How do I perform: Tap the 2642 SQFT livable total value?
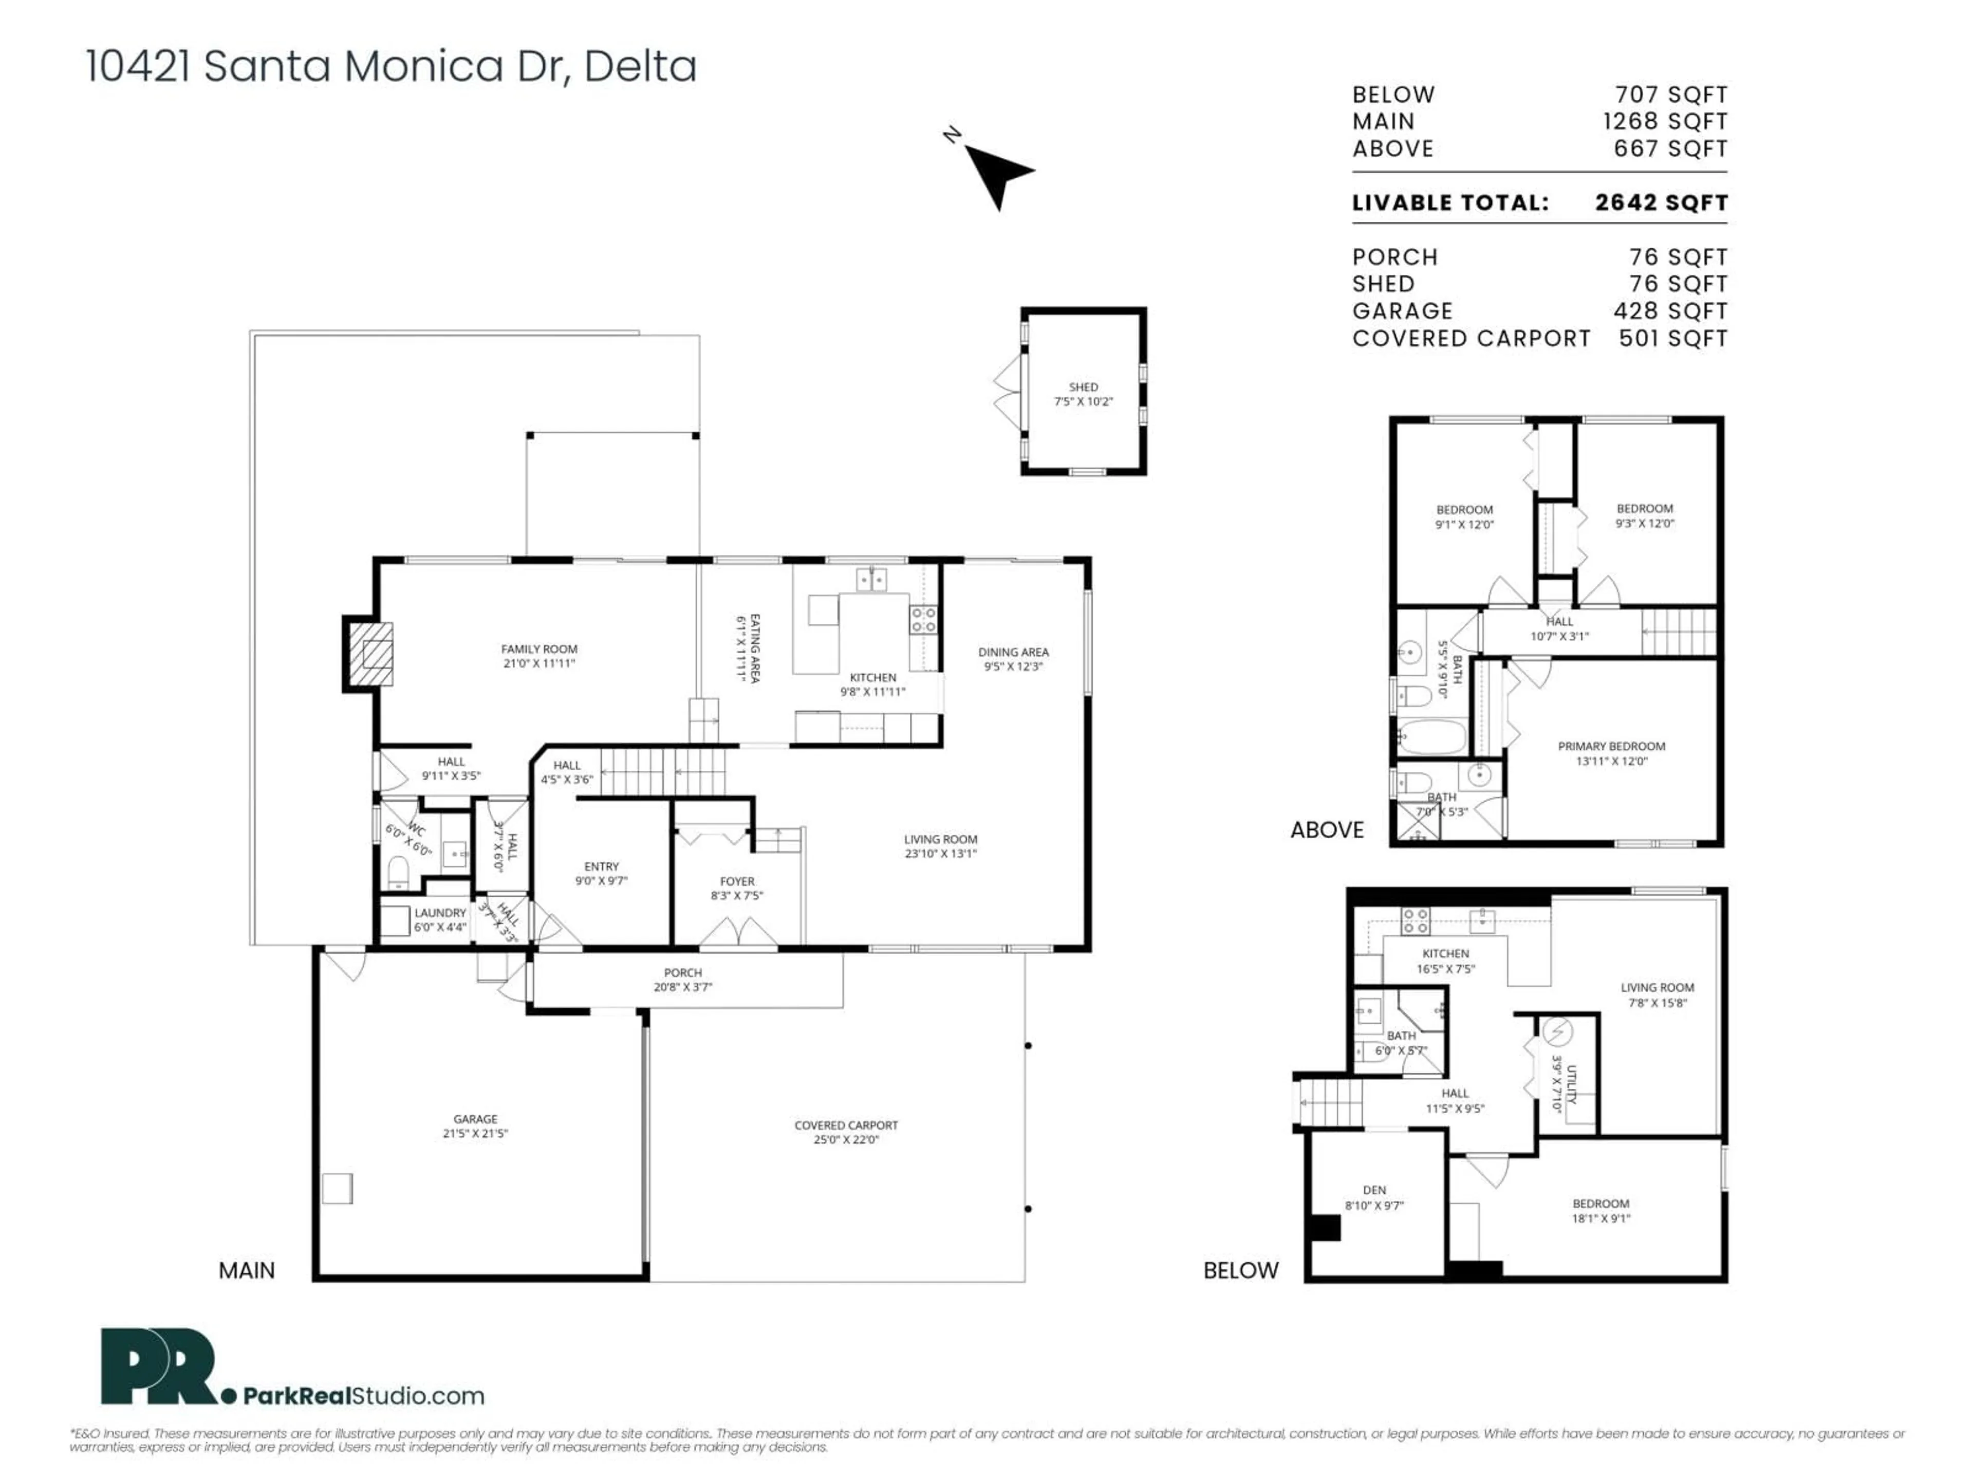(1661, 202)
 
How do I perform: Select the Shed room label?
(1083, 387)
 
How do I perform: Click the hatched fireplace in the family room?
(370, 654)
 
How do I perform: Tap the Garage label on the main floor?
(475, 1119)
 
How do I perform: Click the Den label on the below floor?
(1373, 1190)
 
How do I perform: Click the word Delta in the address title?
(640, 67)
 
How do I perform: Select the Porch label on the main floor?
(682, 972)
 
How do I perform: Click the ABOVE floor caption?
(1326, 829)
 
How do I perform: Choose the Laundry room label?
(440, 913)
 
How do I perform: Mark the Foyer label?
(737, 881)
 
